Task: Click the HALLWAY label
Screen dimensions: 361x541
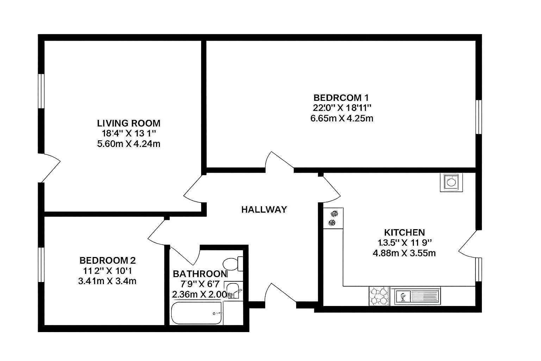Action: coord(264,209)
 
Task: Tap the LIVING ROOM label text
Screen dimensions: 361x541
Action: coord(129,123)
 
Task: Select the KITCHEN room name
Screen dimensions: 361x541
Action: coord(404,232)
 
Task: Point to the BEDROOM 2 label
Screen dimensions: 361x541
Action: coord(107,261)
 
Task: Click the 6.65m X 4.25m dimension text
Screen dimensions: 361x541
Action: coord(341,118)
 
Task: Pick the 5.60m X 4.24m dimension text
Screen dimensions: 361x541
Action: coord(129,144)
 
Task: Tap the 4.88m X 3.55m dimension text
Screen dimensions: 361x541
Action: coord(404,253)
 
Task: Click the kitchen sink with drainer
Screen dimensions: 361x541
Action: coord(415,296)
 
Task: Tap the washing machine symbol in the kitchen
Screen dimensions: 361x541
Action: coord(451,182)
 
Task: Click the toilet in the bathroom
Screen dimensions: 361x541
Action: coord(232,263)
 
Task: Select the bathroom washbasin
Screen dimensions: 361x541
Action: coord(232,290)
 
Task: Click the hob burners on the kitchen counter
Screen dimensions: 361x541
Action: coord(333,218)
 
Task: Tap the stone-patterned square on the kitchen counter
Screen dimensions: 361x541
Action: coord(379,296)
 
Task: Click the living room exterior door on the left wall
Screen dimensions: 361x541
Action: coord(50,167)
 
